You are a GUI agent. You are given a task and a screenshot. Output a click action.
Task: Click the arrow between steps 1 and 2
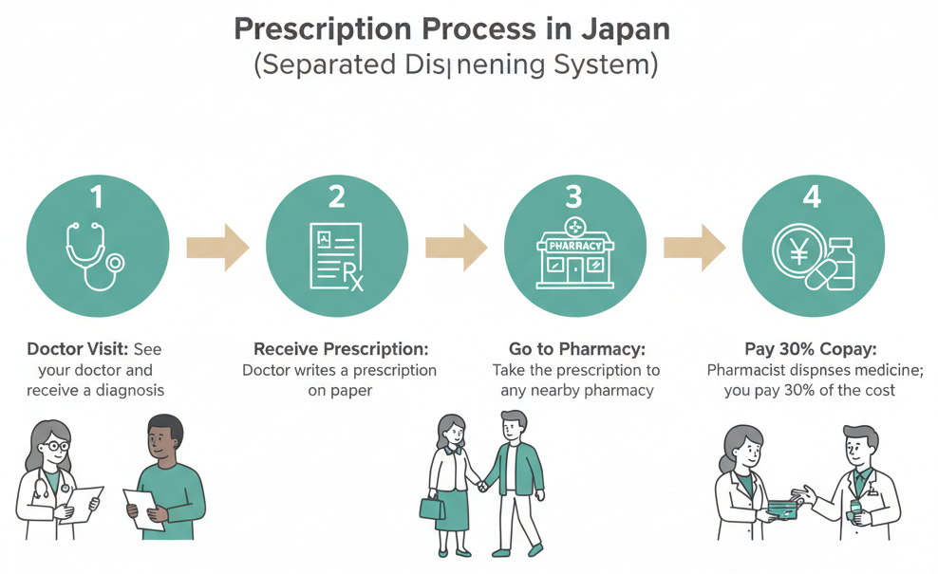tap(216, 248)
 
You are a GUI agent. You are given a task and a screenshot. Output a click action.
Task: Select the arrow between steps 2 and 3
tap(456, 248)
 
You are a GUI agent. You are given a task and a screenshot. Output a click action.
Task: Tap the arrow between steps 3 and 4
tap(694, 248)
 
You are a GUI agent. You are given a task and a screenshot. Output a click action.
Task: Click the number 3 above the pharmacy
tap(573, 196)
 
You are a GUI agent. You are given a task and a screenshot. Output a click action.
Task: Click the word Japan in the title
tap(623, 28)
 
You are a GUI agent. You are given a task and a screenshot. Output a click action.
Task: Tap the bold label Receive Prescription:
tap(341, 349)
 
